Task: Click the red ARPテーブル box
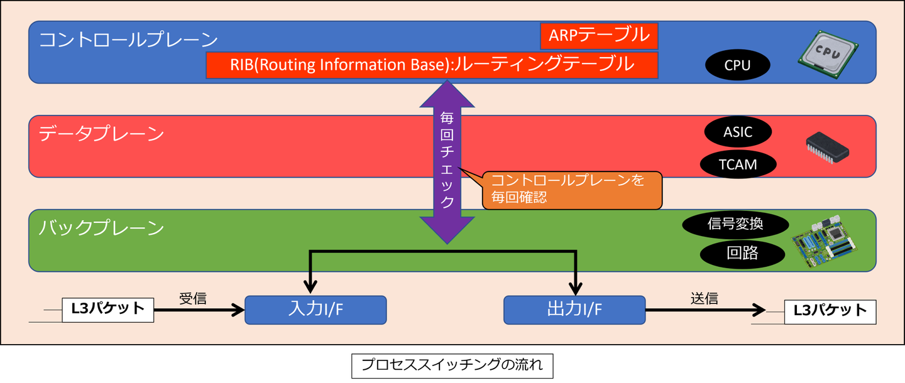point(598,36)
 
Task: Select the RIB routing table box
point(432,65)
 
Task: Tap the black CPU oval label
point(737,65)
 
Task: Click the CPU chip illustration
point(828,55)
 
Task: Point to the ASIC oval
point(737,132)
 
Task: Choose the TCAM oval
point(737,165)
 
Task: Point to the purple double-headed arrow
point(447,163)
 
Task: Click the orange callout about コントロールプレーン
point(572,190)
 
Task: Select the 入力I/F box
point(315,310)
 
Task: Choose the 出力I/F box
point(574,310)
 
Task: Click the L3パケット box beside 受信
point(107,310)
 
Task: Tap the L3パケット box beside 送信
point(830,311)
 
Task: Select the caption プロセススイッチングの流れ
point(452,365)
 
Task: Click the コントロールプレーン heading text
point(128,40)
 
